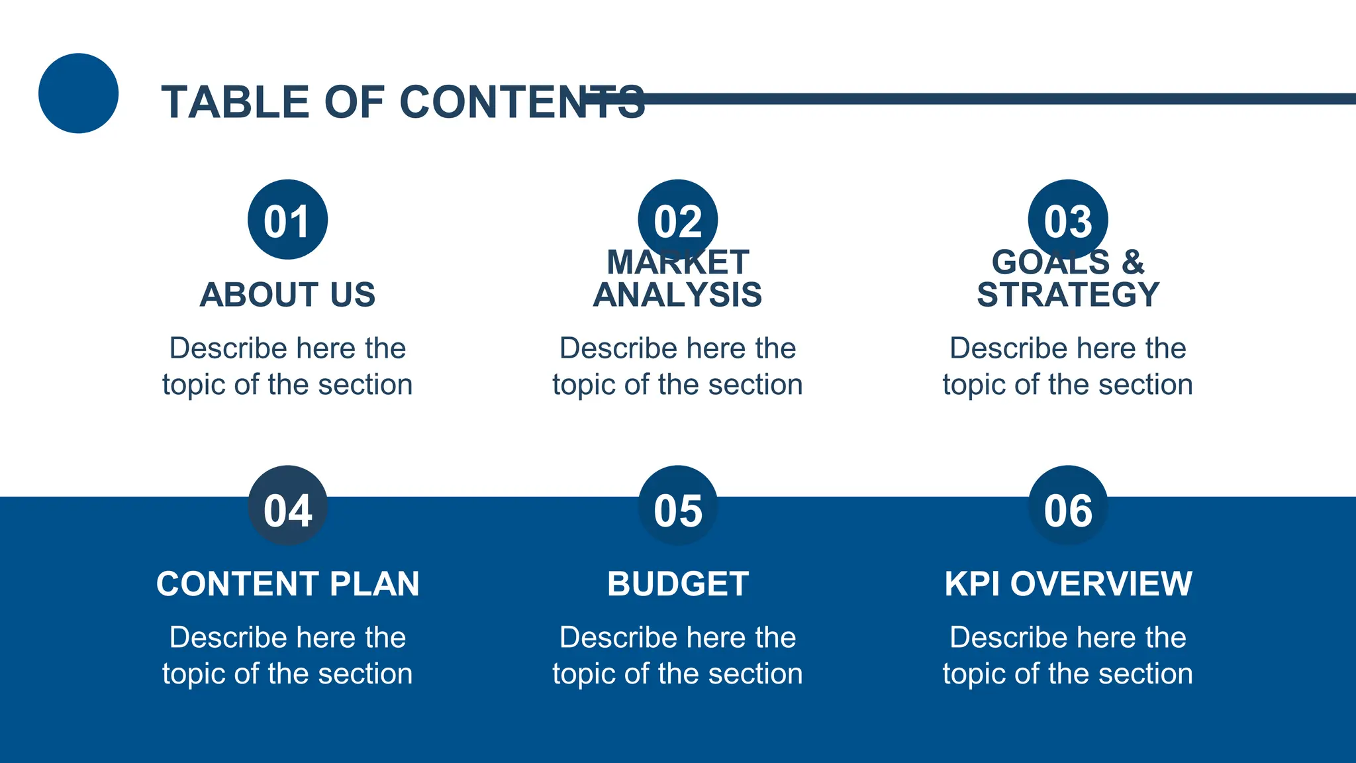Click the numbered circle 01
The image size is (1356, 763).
(x=287, y=219)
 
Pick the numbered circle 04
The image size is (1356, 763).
(x=287, y=506)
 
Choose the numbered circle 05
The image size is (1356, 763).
(x=677, y=506)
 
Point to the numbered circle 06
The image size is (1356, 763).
(x=1067, y=506)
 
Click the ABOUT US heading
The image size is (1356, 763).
(x=287, y=295)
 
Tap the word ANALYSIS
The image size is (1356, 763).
(x=677, y=295)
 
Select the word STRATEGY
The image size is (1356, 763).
(x=1067, y=295)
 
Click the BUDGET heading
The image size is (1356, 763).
(x=677, y=584)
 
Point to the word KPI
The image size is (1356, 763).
(x=971, y=584)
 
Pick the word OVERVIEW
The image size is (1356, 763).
(x=1100, y=584)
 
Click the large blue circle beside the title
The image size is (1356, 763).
(x=78, y=93)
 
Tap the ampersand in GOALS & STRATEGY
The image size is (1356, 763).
(x=1133, y=262)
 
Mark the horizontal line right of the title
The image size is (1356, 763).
(x=993, y=99)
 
